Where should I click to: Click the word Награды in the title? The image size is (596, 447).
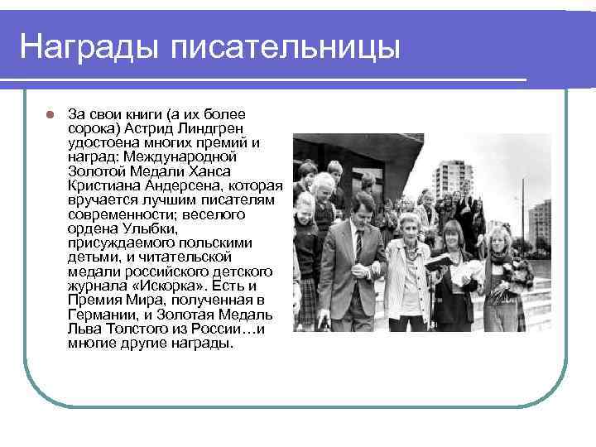pyautogui.click(x=88, y=46)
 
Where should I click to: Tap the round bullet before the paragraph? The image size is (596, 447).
pyautogui.click(x=50, y=113)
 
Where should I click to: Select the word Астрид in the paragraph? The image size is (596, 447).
pyautogui.click(x=169, y=127)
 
